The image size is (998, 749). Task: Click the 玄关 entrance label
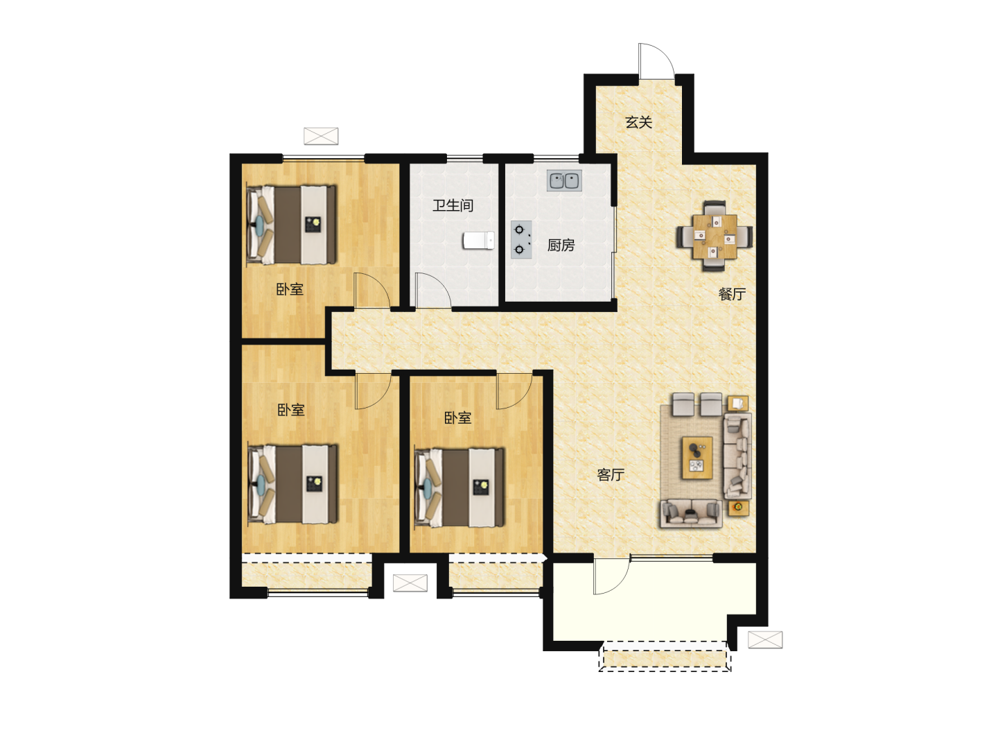638,122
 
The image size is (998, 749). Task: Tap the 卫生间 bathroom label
453,205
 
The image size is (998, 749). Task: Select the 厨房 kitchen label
561,245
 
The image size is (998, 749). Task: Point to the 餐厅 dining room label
732,294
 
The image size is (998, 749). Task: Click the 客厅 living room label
610,475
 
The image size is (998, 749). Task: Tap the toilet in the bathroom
478,240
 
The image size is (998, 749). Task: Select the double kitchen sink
564,180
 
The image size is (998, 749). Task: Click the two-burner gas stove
521,240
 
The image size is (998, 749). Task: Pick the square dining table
715,236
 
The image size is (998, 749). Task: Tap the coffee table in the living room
697,458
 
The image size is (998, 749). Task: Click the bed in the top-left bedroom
292,225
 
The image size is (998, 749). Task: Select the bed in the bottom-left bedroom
292,484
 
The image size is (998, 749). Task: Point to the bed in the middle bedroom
459,488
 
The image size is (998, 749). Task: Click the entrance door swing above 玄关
656,60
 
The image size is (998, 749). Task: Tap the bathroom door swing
432,290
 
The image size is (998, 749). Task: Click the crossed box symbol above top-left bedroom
321,136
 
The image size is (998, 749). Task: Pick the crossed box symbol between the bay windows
410,583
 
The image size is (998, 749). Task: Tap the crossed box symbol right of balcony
765,639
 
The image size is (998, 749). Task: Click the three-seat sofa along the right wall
737,456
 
